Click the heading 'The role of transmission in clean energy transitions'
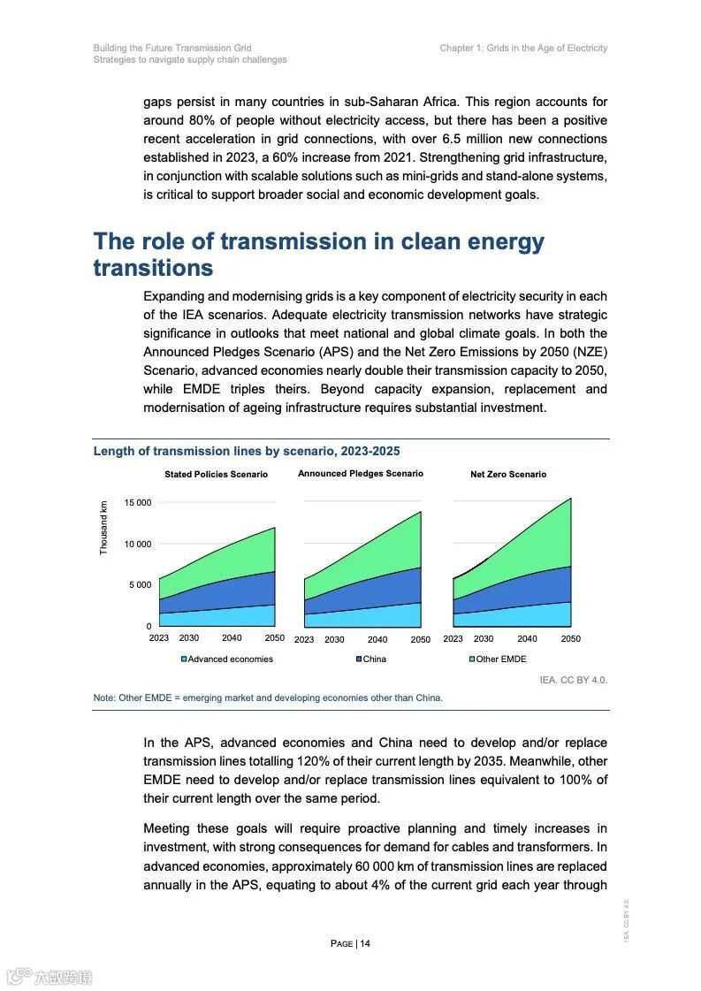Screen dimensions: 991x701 tap(318, 255)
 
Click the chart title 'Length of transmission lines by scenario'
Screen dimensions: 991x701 tap(247, 451)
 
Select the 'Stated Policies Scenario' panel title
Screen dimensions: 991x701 tap(216, 475)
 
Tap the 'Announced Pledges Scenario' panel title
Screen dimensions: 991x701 tap(361, 474)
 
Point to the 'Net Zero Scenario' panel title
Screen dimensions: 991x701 tap(508, 475)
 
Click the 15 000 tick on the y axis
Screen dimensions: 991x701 tap(138, 503)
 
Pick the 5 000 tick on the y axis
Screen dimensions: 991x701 tap(141, 585)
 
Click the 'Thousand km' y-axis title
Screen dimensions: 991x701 tap(103, 528)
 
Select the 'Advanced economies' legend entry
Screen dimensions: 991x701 tap(228, 659)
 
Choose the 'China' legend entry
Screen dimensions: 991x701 tap(371, 659)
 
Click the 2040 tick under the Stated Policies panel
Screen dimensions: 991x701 tap(232, 638)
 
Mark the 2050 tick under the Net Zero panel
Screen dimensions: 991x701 tap(571, 639)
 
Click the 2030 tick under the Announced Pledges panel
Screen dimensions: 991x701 tap(334, 640)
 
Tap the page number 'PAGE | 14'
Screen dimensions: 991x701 tap(350, 943)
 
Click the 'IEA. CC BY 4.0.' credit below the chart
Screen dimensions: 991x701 tap(574, 680)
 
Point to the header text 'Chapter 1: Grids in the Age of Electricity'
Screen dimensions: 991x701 tap(523, 48)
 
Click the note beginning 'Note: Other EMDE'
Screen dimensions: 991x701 tap(268, 698)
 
